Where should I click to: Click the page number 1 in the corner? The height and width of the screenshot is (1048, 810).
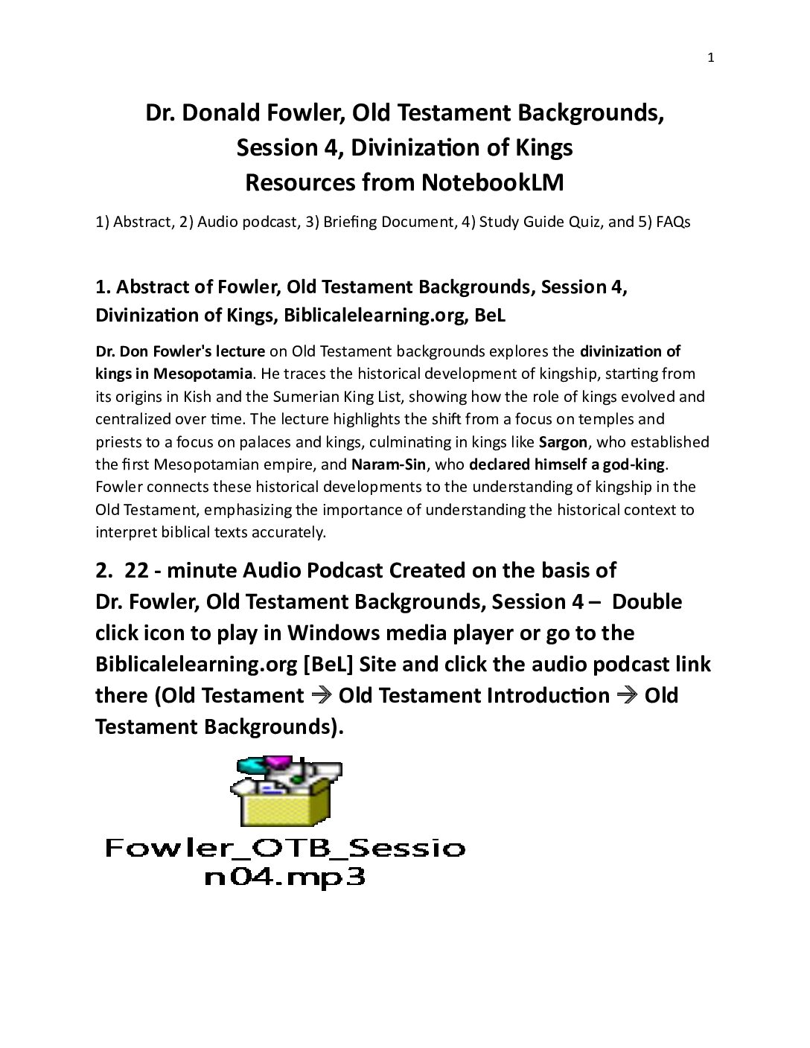coord(710,59)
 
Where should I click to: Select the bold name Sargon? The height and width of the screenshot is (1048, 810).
coord(563,442)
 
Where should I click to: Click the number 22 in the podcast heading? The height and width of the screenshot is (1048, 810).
coord(137,571)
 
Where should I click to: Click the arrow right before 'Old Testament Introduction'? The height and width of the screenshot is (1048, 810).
coord(321,696)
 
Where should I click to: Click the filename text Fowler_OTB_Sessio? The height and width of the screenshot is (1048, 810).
coord(285,848)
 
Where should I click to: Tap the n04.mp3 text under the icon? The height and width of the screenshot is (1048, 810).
coord(285,877)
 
